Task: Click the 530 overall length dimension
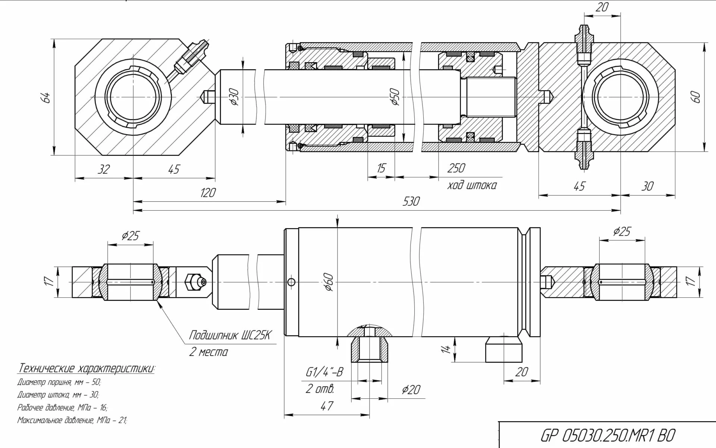tap(411, 201)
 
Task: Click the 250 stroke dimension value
tap(456, 168)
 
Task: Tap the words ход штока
tap(472, 185)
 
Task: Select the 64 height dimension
tap(46, 98)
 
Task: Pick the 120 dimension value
tap(208, 193)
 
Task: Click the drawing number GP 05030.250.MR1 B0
tap(608, 435)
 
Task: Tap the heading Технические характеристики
tap(86, 369)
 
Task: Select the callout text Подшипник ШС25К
tap(229, 335)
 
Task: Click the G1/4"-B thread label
tap(324, 372)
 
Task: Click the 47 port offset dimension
tap(327, 406)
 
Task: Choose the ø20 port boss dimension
tap(411, 390)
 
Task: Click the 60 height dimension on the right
tap(696, 97)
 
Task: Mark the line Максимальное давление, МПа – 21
tap(72, 420)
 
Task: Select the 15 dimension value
tap(381, 168)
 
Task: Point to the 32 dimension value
tap(103, 169)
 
